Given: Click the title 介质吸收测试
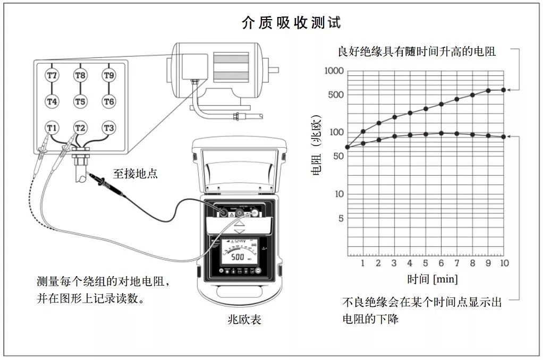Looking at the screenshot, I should click(291, 23).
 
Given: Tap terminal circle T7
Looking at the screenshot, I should click(52, 75).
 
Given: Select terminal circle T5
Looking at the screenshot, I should click(80, 101).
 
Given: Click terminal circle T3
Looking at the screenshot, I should click(108, 128).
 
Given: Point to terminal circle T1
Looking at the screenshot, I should click(52, 128).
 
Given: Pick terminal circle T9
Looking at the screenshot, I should click(108, 75).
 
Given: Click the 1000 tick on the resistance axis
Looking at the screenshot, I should click(334, 71).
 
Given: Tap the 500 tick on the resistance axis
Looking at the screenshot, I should click(336, 95).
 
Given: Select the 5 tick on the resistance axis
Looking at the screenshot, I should click(341, 218).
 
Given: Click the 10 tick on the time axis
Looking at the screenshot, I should click(504, 263).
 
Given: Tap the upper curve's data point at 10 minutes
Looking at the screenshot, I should click(504, 90).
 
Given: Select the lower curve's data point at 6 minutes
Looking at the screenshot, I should click(442, 133).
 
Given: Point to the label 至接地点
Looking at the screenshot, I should click(135, 174).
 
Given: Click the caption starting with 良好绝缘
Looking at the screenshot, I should click(417, 52).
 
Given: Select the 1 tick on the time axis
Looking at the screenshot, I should click(363, 263).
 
